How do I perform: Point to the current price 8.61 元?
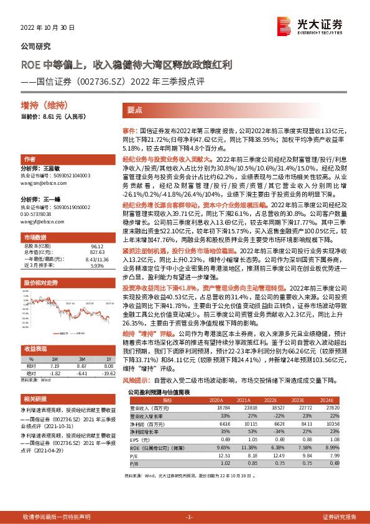point(46,116)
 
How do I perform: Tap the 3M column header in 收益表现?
point(82,358)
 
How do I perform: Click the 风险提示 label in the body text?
point(134,379)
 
